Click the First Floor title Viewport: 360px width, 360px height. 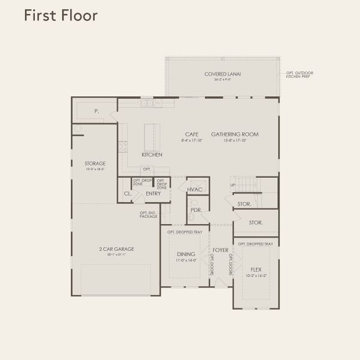[x=61, y=16]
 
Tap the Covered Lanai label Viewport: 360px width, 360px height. [x=218, y=74]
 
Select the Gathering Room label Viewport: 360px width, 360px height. [x=235, y=134]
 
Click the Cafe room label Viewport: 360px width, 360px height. [x=192, y=134]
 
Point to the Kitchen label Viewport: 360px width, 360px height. [x=152, y=155]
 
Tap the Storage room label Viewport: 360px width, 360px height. [x=95, y=163]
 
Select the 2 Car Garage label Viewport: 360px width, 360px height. [x=116, y=249]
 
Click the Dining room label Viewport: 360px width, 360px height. [x=185, y=254]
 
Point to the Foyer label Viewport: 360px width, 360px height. [x=220, y=250]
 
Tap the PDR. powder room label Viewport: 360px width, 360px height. [x=195, y=210]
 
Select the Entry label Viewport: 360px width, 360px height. [x=153, y=193]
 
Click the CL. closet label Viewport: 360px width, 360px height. [x=127, y=194]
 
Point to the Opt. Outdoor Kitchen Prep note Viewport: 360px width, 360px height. [x=299, y=75]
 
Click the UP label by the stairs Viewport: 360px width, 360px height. [x=233, y=185]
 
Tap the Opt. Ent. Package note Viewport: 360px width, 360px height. [x=148, y=214]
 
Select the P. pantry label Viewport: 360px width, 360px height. [x=97, y=112]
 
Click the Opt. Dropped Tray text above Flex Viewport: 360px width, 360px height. [x=255, y=244]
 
